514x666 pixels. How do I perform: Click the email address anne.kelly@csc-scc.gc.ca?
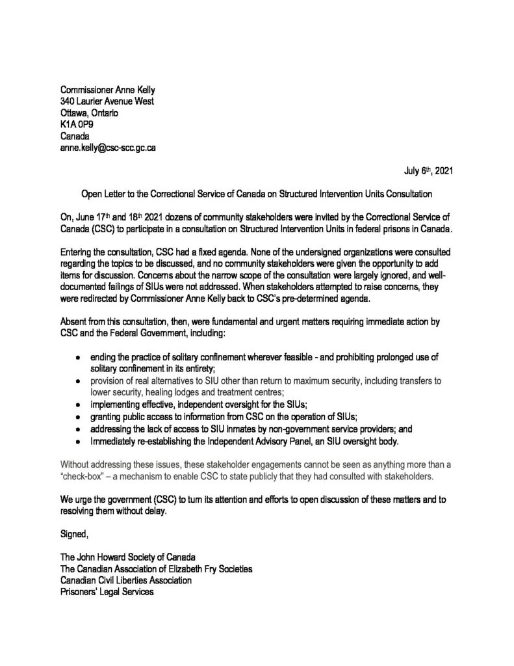pyautogui.click(x=107, y=148)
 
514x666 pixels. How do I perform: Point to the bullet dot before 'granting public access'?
pyautogui.click(x=78, y=417)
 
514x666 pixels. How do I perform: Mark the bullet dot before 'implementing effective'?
pyautogui.click(x=78, y=405)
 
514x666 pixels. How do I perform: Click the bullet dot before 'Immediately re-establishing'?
pyautogui.click(x=78, y=442)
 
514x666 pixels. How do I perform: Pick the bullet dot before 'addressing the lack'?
pyautogui.click(x=78, y=429)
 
